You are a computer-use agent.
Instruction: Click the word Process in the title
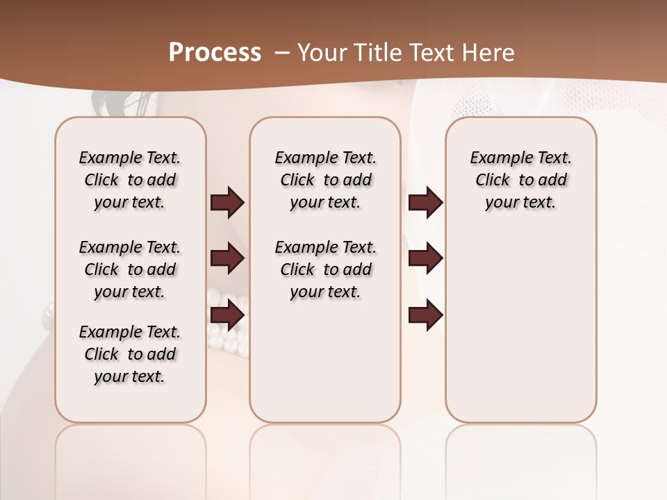[215, 53]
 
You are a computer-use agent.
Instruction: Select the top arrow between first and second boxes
[227, 203]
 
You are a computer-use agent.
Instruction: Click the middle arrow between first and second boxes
[227, 259]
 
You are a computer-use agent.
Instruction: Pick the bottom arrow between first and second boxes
[227, 315]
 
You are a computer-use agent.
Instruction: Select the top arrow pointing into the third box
[425, 203]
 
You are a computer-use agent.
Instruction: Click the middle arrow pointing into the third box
[425, 259]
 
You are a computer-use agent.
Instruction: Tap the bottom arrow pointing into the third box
[425, 315]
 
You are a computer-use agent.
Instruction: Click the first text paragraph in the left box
[130, 180]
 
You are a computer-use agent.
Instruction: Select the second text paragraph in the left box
[130, 269]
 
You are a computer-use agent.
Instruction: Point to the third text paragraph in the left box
[130, 354]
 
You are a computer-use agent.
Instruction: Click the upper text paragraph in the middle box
[325, 180]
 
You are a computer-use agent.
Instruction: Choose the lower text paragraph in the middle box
[325, 269]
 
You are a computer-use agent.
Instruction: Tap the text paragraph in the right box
[520, 180]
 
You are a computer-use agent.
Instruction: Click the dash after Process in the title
[282, 53]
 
